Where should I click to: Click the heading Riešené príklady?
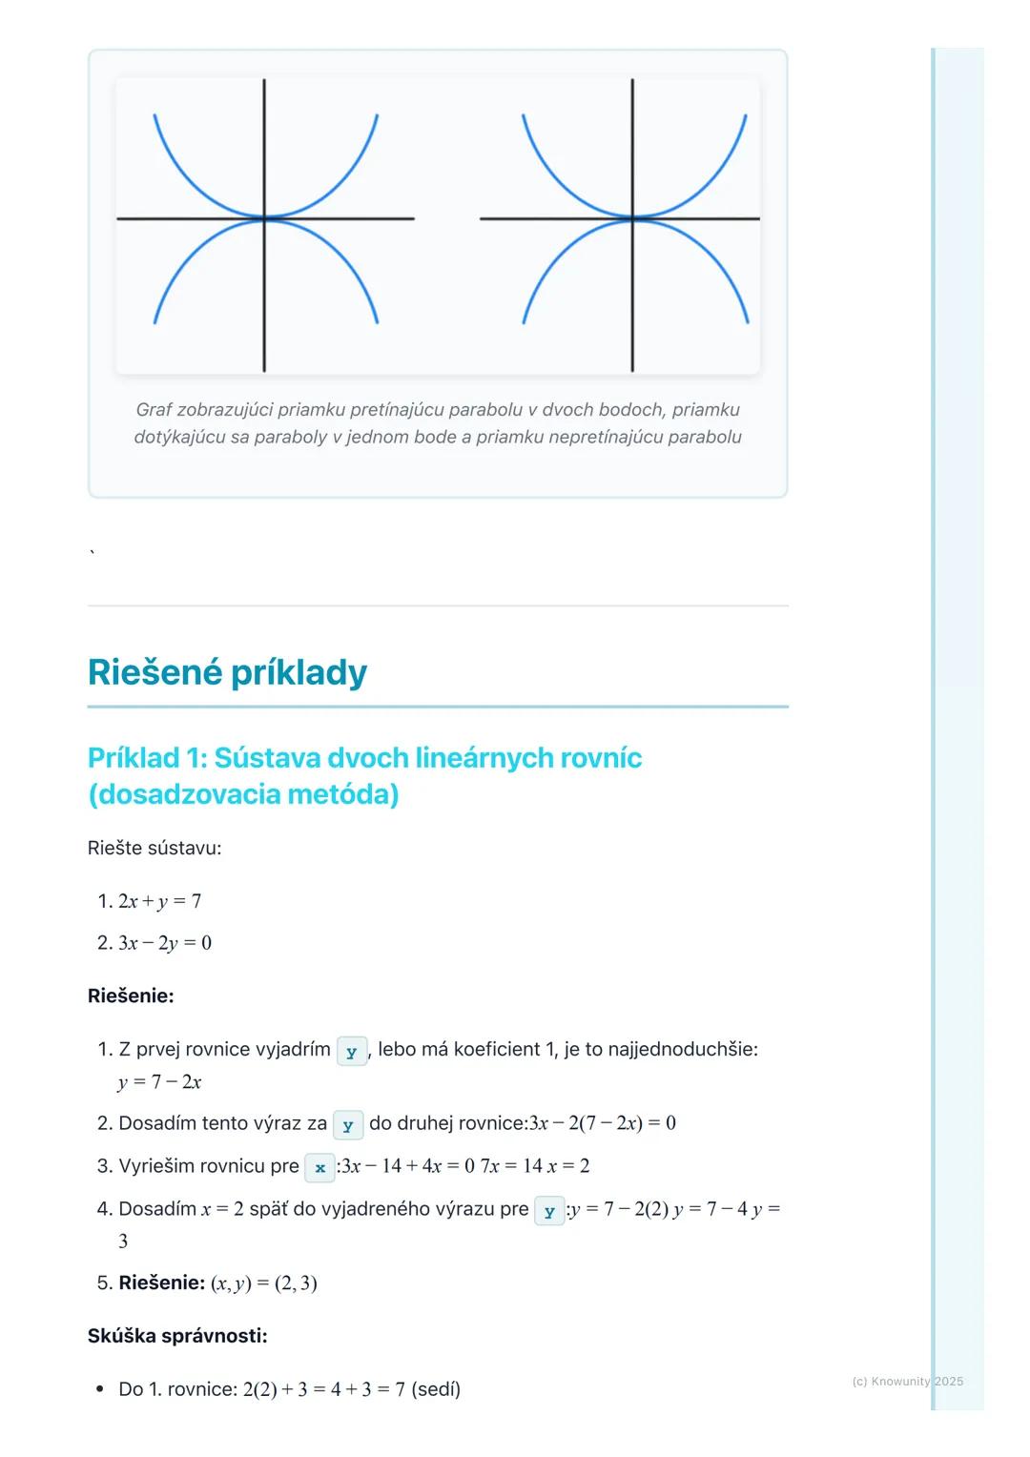(x=227, y=672)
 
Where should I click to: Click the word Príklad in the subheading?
(x=134, y=758)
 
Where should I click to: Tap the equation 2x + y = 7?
(x=159, y=901)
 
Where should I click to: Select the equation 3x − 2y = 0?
(x=165, y=943)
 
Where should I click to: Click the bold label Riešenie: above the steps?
(x=131, y=996)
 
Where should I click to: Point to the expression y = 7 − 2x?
(x=159, y=1082)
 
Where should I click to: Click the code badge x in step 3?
(x=319, y=1167)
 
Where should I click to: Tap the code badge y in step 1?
(x=351, y=1052)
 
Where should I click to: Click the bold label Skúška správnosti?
(x=177, y=1336)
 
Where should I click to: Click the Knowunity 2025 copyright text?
(x=907, y=1381)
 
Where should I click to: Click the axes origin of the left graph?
(x=264, y=218)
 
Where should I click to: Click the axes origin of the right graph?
(x=632, y=218)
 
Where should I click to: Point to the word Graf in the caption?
(x=154, y=410)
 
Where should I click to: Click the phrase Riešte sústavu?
(x=154, y=848)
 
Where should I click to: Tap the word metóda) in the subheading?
(x=342, y=794)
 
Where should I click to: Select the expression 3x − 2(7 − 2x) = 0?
(x=602, y=1123)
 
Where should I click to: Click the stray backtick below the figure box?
(x=92, y=552)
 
